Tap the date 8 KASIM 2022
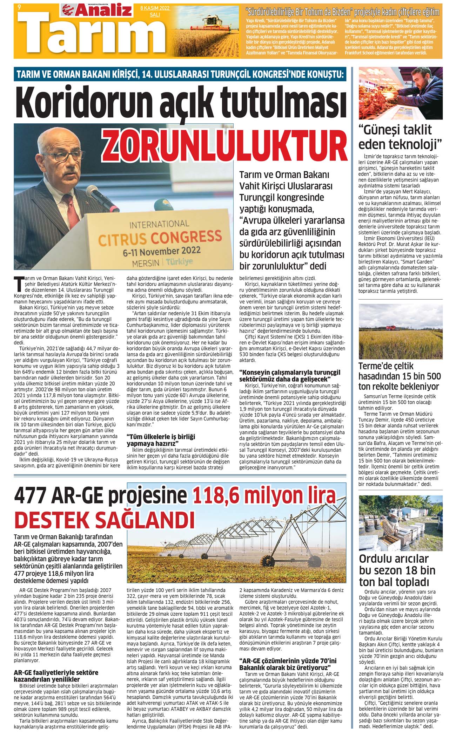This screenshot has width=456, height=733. coord(155,8)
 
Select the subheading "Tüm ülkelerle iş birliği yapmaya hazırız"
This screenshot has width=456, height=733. coord(161,440)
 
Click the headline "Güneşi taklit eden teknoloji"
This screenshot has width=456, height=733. coord(399,137)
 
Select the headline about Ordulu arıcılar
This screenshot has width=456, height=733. coord(397,570)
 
